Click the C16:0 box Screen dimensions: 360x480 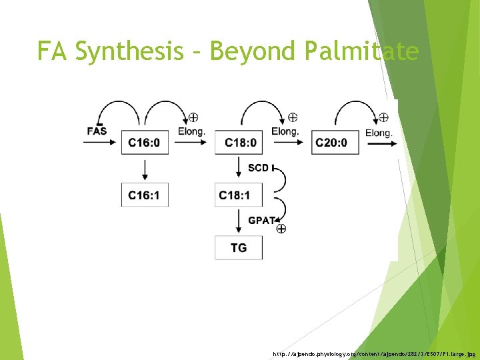145,142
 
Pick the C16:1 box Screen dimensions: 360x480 145,195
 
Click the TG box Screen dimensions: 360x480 239,247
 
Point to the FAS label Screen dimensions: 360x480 97,131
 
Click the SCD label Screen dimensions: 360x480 259,167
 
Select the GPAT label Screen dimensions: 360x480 262,220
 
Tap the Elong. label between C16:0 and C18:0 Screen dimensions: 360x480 192,131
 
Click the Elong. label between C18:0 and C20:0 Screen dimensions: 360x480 285,131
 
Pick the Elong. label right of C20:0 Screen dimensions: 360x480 379,133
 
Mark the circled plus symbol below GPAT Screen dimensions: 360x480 281,229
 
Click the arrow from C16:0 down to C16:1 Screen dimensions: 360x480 145,169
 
